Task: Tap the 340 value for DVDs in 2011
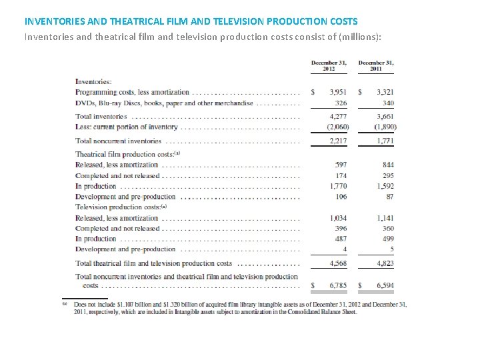click(387, 103)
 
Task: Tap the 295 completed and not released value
click(387, 175)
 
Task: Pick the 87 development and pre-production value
click(389, 197)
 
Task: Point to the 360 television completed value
click(387, 229)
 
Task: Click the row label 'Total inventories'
click(101, 116)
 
